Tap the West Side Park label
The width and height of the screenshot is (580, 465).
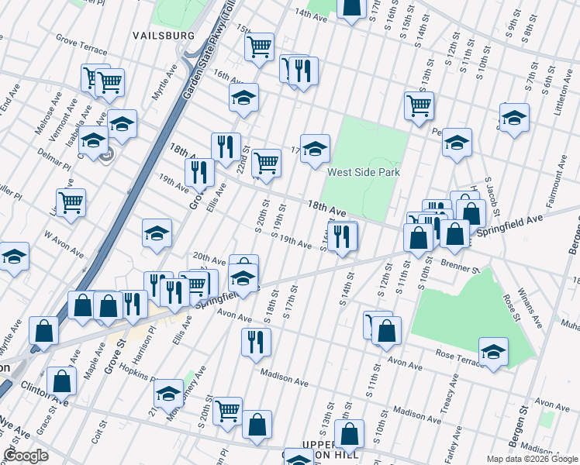tap(363, 172)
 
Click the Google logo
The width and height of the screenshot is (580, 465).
tap(26, 455)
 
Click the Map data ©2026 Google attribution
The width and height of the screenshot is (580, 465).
tap(531, 459)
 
